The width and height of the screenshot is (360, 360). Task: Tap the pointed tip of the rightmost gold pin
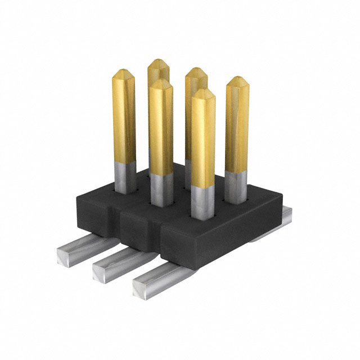coord(237,80)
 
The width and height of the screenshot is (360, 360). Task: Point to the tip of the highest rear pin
coord(159,61)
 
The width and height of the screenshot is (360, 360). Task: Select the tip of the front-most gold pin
coord(202,91)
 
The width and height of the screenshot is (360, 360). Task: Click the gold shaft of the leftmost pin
coord(124,118)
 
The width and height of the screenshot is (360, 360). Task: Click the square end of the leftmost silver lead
coord(66,263)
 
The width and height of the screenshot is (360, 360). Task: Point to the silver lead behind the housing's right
coord(284,217)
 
